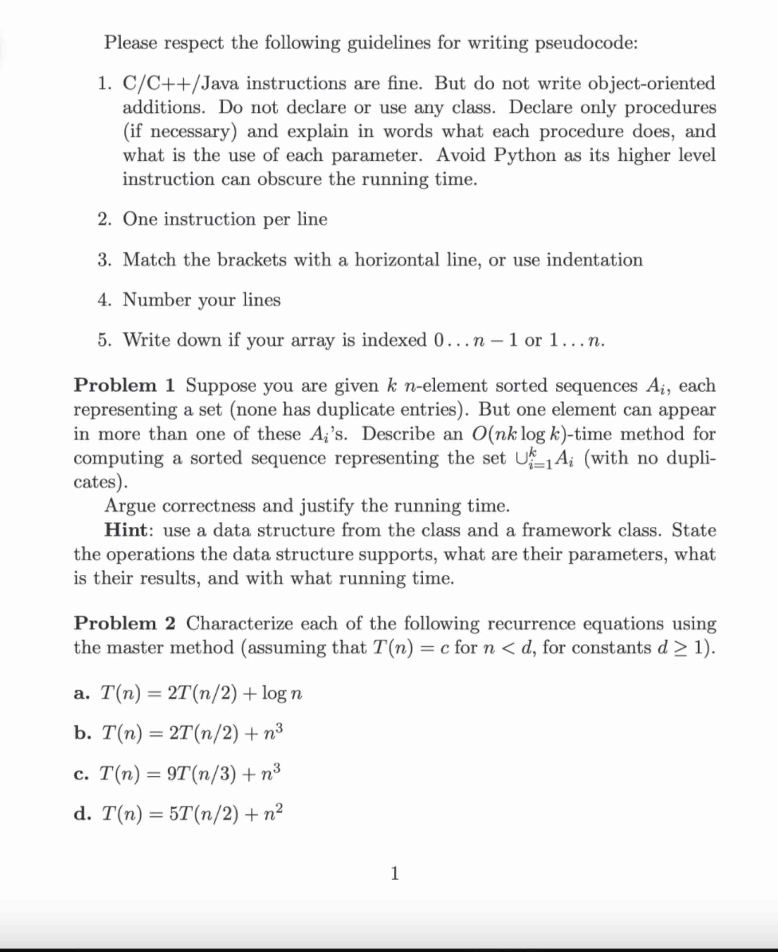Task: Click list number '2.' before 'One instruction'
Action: (105, 219)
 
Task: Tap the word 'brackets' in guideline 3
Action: (251, 260)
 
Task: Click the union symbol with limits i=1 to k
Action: (520, 458)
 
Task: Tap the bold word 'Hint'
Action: (126, 530)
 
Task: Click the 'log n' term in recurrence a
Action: (282, 693)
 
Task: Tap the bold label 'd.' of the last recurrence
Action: (83, 813)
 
